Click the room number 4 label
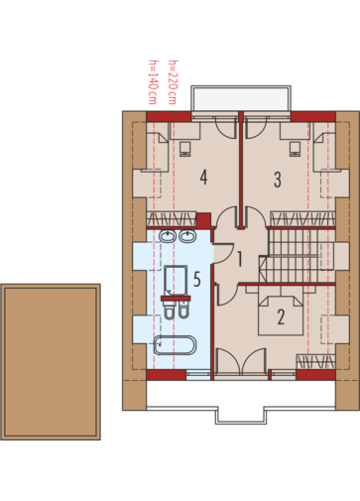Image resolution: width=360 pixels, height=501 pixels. (203, 177)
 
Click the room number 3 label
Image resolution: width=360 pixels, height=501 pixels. (278, 180)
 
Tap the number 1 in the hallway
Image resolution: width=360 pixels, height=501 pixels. (240, 259)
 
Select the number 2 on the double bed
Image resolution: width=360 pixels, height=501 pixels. (281, 316)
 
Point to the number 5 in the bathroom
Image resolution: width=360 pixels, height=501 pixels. (197, 279)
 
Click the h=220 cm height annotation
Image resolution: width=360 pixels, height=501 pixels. (173, 82)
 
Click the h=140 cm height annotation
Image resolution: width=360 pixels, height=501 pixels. (153, 82)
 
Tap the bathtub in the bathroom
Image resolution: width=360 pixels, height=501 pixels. (176, 345)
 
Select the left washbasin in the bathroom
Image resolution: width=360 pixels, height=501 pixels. (168, 237)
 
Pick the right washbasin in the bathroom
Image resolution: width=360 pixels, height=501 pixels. (187, 237)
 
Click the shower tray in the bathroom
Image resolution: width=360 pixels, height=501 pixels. (176, 281)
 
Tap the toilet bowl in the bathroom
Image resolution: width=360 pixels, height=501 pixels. (169, 311)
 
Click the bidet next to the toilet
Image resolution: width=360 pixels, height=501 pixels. (183, 311)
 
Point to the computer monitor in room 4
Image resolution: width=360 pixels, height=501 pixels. (185, 149)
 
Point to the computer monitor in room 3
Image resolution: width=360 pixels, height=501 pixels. (295, 149)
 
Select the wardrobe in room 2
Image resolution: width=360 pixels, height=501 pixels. (315, 361)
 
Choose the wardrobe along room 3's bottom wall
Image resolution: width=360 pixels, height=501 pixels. (302, 218)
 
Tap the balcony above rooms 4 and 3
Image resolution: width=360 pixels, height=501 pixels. (241, 98)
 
